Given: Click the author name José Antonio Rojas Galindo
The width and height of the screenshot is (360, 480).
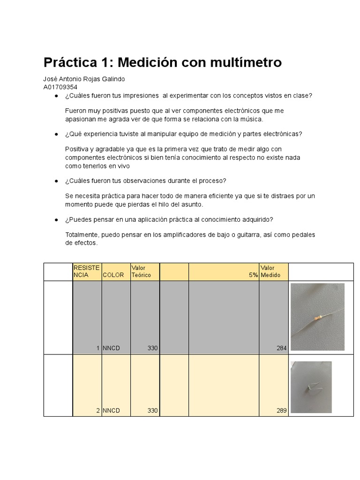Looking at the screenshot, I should click(84, 79).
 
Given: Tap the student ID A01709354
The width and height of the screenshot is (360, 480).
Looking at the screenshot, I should click(60, 87).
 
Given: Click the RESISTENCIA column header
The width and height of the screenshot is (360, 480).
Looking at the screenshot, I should click(87, 271).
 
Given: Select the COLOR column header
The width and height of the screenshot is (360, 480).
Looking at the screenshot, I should click(113, 275).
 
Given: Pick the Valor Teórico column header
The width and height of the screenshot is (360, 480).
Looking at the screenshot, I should click(142, 271).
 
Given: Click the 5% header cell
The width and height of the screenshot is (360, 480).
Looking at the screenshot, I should click(254, 276).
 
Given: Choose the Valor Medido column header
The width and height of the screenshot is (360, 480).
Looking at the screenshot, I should click(270, 271).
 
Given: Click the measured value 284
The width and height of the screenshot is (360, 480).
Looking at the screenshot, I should click(281, 348).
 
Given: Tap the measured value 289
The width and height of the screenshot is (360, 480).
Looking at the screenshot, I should click(281, 411).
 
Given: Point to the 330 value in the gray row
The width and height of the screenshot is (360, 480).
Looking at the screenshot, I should click(152, 348).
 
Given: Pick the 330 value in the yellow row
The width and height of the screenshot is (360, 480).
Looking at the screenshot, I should click(152, 411).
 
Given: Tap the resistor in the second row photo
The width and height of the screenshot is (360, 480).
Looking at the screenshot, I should click(310, 387).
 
